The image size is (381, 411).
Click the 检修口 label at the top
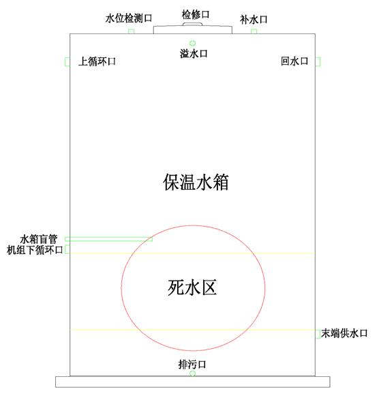coord(196,14)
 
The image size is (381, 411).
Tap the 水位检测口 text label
coord(129,18)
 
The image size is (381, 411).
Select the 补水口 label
coord(254,20)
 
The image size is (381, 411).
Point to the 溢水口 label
coord(194,54)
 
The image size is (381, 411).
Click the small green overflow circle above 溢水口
coord(192,43)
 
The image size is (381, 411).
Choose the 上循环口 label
coord(97,61)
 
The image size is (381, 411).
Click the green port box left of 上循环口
coord(67,61)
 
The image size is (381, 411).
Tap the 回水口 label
coord(294,61)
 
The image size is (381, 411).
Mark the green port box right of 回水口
coord(318,61)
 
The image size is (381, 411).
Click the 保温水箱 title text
coord(196,182)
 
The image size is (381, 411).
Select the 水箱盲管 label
coord(39,240)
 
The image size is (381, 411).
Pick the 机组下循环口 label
coord(35,250)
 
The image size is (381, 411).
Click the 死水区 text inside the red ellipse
coord(192,287)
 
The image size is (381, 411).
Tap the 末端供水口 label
coord(344,333)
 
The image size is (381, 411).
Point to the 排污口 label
coord(192,365)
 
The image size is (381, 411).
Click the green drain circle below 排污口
coord(192,373)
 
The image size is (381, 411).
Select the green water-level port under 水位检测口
coord(131,31)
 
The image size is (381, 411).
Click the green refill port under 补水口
coord(254,31)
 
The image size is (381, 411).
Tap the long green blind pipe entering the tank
coord(108,239)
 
